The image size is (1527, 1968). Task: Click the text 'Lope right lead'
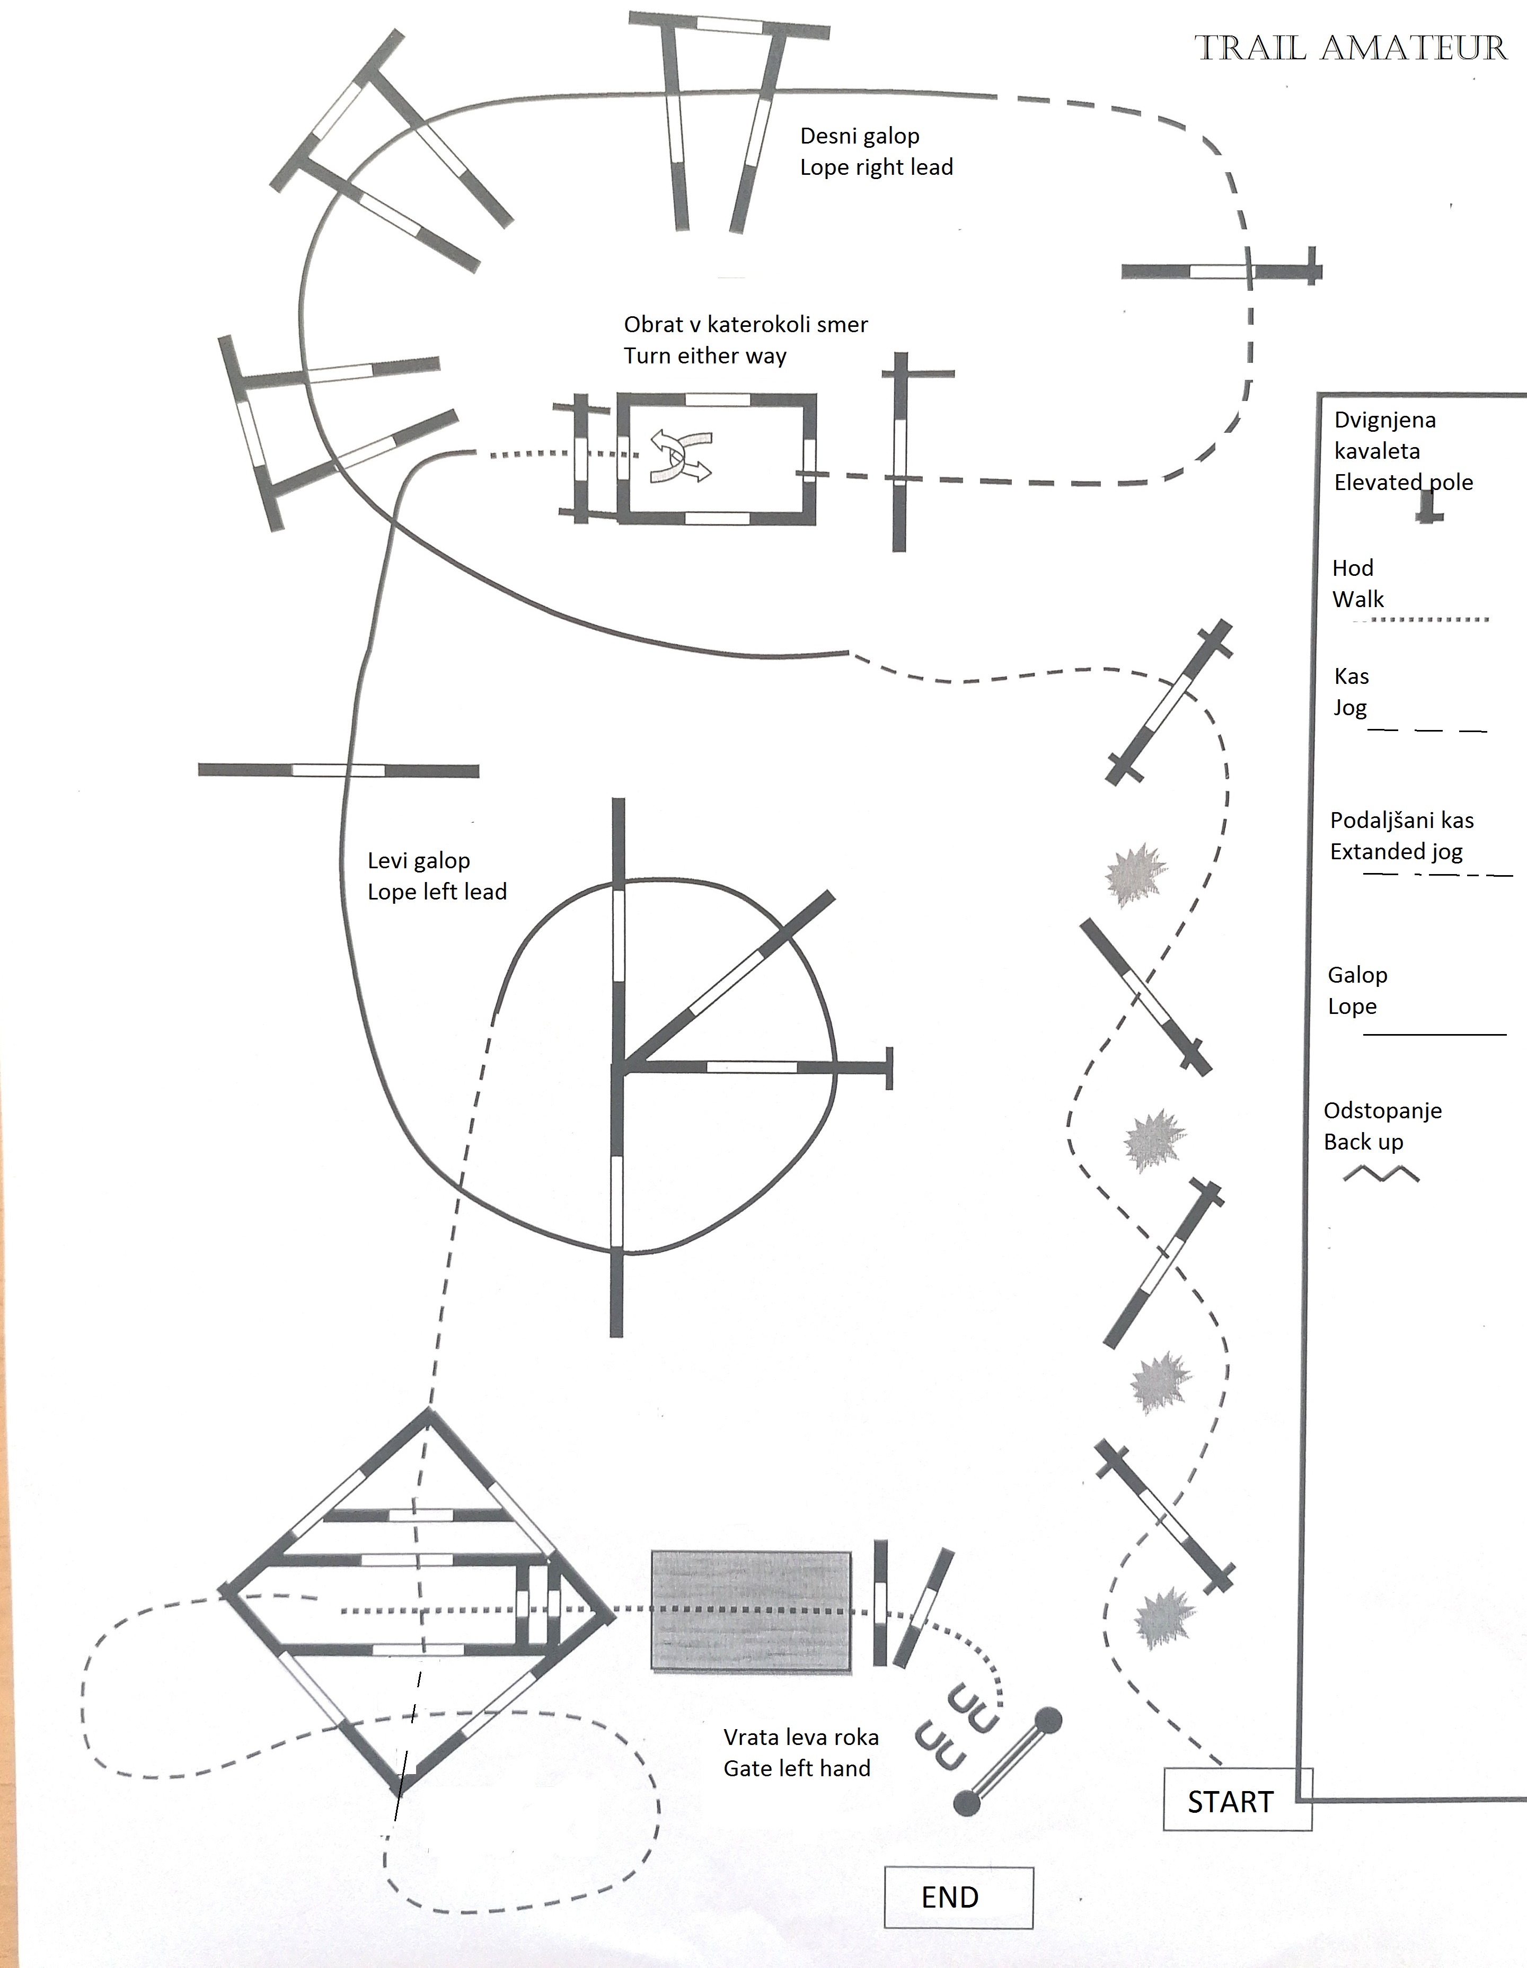point(876,167)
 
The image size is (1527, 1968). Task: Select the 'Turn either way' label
point(705,356)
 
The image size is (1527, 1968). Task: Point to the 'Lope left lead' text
point(437,892)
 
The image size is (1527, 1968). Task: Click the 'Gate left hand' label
point(797,1769)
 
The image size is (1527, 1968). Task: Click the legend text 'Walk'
point(1357,599)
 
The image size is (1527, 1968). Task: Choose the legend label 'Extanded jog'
point(1396,851)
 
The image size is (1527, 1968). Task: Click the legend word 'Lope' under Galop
point(1352,1007)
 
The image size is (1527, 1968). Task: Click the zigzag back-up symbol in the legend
point(1381,1173)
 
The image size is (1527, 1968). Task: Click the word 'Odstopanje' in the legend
point(1382,1111)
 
